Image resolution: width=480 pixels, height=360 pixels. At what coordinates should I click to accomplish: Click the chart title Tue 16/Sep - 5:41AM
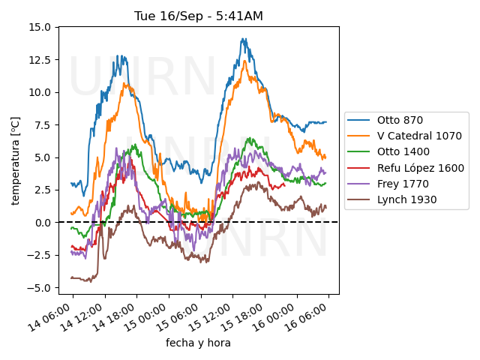tap(199, 16)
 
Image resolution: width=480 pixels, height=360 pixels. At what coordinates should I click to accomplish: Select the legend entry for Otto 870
tap(399, 120)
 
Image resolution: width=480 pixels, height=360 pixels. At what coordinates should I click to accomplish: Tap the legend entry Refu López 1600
tap(420, 168)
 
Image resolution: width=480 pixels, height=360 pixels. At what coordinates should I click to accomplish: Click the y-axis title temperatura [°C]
tap(15, 160)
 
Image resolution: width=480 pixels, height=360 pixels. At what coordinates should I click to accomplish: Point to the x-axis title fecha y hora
tap(198, 343)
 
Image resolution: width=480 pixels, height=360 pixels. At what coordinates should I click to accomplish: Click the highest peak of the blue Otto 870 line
tap(244, 39)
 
